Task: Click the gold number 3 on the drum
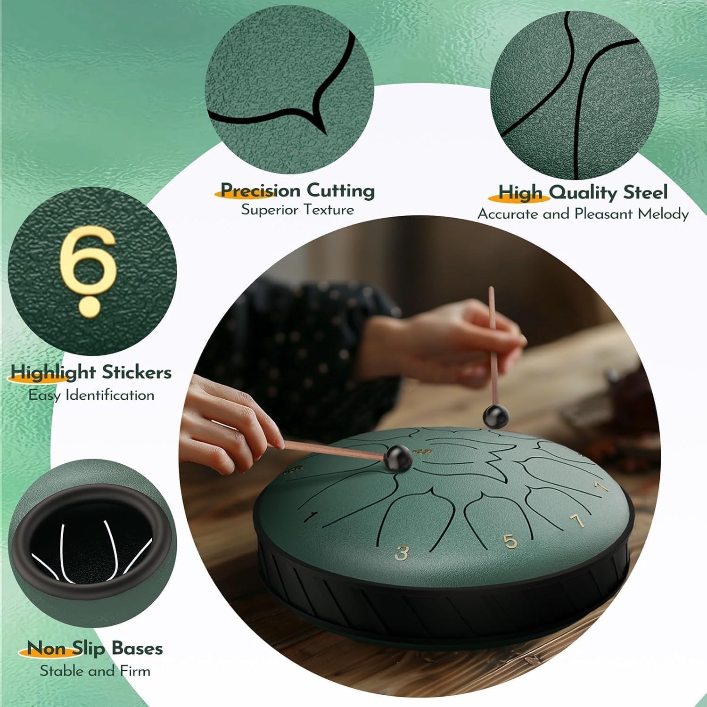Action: pyautogui.click(x=402, y=552)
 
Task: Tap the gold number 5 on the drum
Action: pyautogui.click(x=510, y=541)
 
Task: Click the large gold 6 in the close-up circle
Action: pyautogui.click(x=88, y=258)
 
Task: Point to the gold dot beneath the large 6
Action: pyautogui.click(x=90, y=305)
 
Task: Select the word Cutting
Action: pyautogui.click(x=341, y=190)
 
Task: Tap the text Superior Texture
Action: pyautogui.click(x=297, y=210)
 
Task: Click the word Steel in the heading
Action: pyautogui.click(x=645, y=192)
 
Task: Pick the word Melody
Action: pyautogui.click(x=663, y=214)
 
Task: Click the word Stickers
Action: pyautogui.click(x=137, y=372)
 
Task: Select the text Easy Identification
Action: pyautogui.click(x=91, y=395)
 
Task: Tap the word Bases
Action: pyautogui.click(x=137, y=649)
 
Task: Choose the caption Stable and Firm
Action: pyautogui.click(x=95, y=671)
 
